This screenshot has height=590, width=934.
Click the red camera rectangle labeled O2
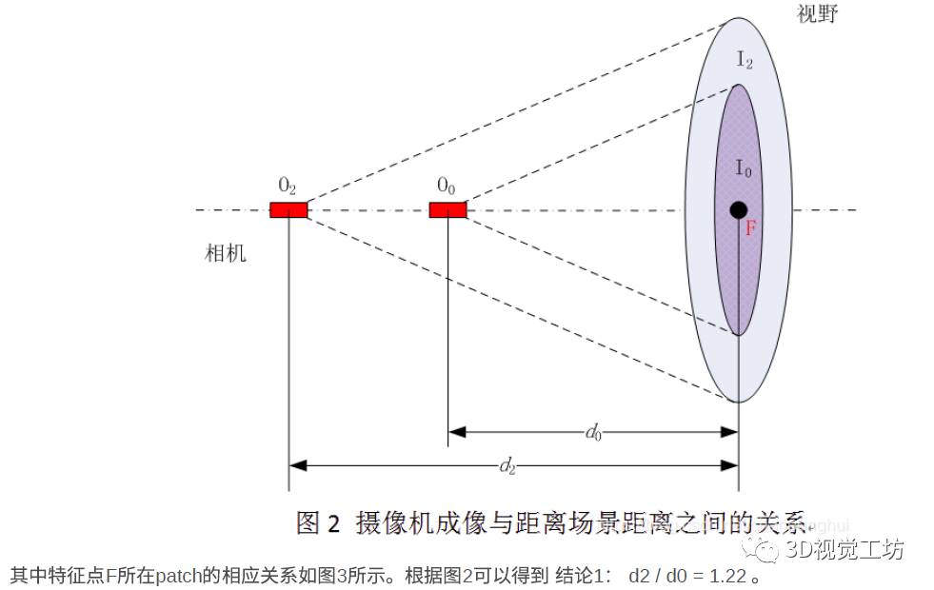288,209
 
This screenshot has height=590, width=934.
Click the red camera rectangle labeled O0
447,209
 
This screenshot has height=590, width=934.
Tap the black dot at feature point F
738,209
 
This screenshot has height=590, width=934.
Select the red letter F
750,229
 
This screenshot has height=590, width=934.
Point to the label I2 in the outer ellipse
745,60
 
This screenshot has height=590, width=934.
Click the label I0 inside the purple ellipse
744,168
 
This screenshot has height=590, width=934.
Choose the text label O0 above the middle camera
447,185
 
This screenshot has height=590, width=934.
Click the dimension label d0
593,433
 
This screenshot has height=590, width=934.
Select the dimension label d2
507,466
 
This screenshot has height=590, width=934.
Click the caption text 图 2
318,522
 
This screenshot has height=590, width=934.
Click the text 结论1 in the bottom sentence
585,576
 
